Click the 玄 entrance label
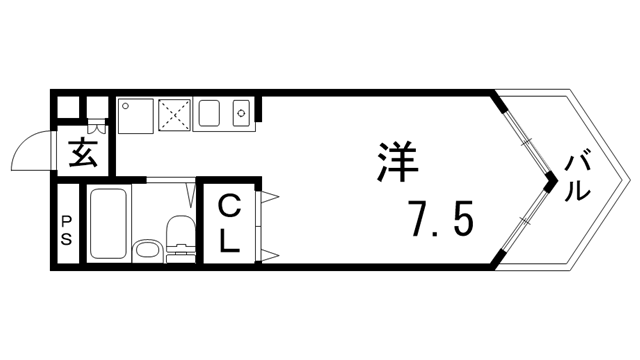pyautogui.click(x=82, y=155)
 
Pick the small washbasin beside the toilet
pyautogui.click(x=147, y=251)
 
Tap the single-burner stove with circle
pyautogui.click(x=241, y=114)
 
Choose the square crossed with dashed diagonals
pyautogui.click(x=176, y=114)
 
